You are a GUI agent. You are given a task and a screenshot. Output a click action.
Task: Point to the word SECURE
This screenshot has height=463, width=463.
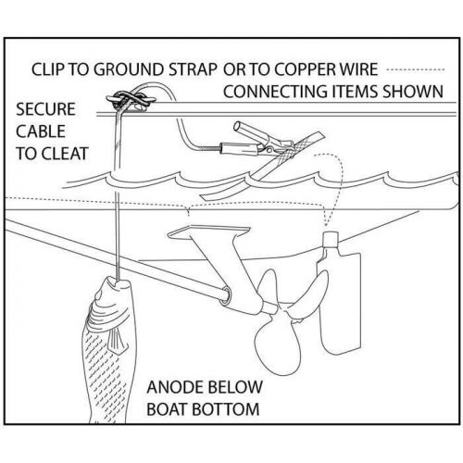click(45, 109)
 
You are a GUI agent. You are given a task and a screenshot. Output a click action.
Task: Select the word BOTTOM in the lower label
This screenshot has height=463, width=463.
click(225, 409)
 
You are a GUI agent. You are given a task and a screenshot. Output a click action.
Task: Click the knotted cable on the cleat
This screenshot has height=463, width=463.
click(131, 100)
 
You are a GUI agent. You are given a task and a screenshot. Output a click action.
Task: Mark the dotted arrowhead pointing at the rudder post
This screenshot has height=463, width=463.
click(327, 223)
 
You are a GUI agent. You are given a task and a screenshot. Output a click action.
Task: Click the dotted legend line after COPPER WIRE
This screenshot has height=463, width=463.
click(416, 69)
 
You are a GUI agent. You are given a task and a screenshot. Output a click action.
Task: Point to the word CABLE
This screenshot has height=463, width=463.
click(41, 131)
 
